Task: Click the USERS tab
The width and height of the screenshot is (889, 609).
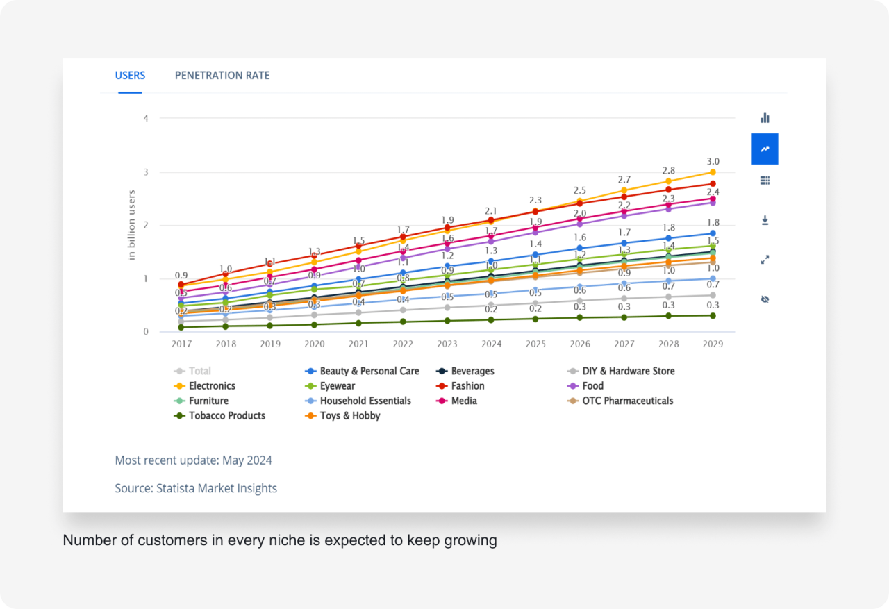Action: click(130, 76)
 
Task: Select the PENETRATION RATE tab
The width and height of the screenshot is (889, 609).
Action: click(222, 76)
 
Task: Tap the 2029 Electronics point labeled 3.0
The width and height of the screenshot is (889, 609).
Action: click(713, 172)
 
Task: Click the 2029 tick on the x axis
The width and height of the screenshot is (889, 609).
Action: click(713, 344)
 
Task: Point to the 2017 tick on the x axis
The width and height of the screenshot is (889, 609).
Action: click(181, 344)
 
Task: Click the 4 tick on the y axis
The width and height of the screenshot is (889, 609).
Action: click(146, 119)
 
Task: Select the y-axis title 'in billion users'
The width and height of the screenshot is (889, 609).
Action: click(131, 225)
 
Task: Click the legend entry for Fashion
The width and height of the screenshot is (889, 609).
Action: click(467, 386)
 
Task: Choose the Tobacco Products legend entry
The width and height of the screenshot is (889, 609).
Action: click(226, 416)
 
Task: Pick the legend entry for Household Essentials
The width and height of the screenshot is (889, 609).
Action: click(365, 401)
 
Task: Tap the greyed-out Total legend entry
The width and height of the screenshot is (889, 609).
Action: click(199, 372)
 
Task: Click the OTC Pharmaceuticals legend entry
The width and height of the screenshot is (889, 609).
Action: click(627, 401)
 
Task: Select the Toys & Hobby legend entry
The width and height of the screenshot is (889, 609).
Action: click(349, 416)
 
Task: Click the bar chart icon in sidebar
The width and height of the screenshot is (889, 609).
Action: click(765, 118)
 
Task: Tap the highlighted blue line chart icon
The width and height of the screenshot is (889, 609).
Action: click(765, 149)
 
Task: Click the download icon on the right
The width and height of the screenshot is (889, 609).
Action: click(765, 220)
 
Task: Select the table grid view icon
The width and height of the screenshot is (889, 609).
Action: click(765, 181)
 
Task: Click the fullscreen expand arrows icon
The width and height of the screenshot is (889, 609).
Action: click(765, 260)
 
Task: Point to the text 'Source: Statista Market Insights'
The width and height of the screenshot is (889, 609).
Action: click(196, 488)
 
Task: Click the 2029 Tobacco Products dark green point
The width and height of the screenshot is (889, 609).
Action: click(713, 315)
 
